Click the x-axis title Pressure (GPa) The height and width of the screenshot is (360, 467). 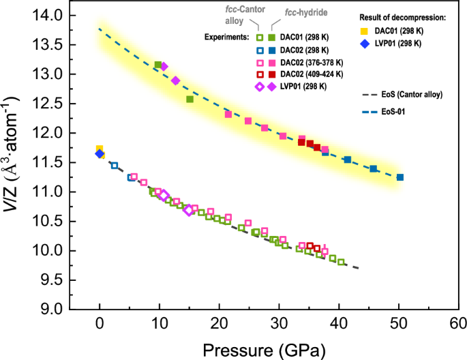263,349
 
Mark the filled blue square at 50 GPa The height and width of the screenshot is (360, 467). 400,177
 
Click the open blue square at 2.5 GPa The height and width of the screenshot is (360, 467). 115,165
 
